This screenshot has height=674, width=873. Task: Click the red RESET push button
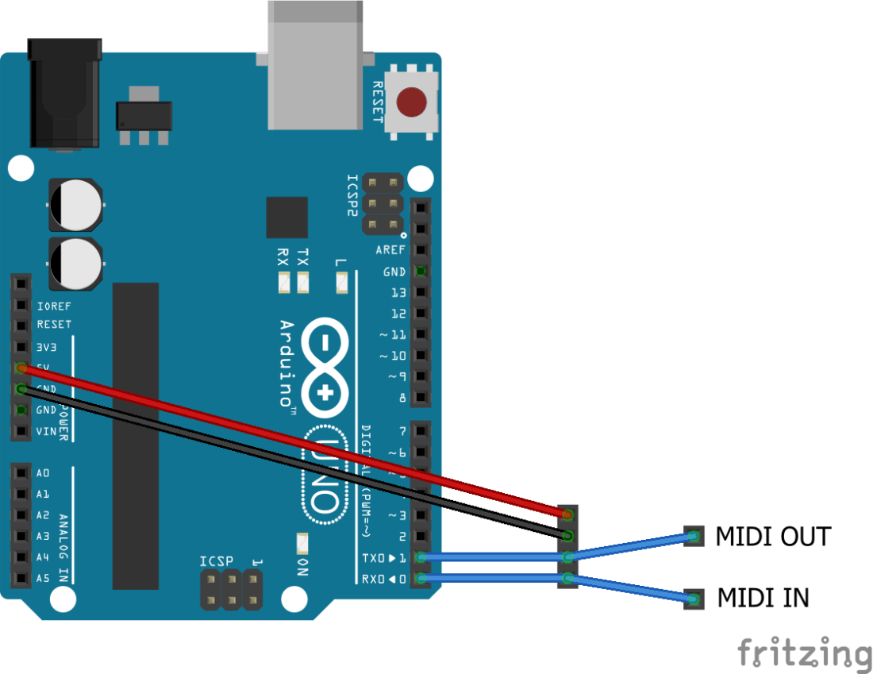[x=411, y=102]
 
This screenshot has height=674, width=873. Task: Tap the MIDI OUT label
[x=772, y=537]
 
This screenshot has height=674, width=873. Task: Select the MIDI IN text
[x=763, y=598]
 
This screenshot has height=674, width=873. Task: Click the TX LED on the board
[x=302, y=282]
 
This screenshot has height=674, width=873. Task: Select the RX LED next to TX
[x=283, y=282]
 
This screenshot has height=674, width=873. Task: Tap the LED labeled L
[x=342, y=282]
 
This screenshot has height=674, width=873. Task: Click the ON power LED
[x=302, y=544]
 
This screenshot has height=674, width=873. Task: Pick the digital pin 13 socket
[x=421, y=293]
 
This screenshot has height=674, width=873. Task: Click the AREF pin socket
[x=421, y=250]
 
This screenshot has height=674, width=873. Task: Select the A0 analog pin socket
[x=21, y=473]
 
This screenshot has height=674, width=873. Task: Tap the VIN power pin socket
[x=21, y=432]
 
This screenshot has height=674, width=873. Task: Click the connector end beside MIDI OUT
[x=694, y=537]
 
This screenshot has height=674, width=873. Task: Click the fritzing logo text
[x=804, y=653]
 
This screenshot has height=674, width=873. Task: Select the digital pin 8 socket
[x=421, y=397]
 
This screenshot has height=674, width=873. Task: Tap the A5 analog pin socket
[x=21, y=578]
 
